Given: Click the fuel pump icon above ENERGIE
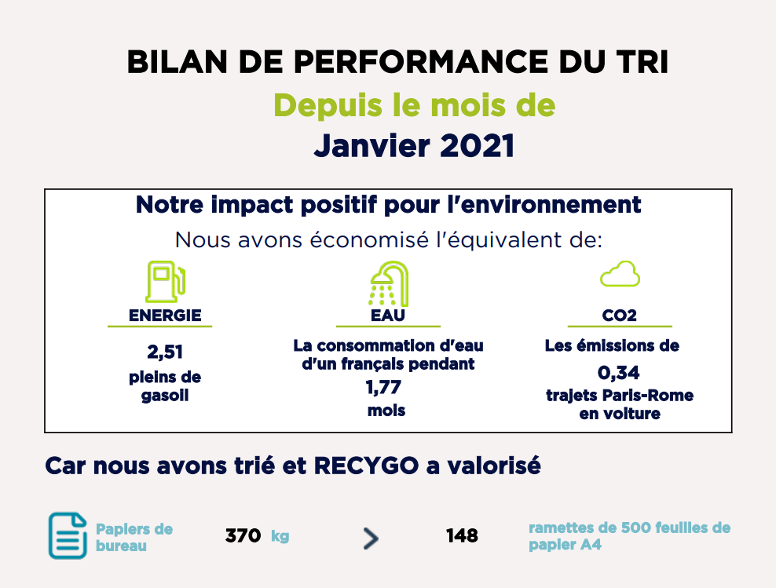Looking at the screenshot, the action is tap(165, 281).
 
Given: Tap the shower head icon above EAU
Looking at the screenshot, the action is tap(389, 283).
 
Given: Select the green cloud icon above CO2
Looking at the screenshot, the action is tap(620, 274).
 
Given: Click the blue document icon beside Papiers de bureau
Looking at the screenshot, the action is tap(68, 535).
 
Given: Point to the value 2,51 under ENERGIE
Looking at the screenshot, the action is tap(165, 352).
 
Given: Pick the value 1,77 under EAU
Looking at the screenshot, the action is tap(383, 387).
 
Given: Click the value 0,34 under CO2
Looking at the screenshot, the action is tap(619, 372).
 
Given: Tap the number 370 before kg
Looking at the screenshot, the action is tap(243, 535).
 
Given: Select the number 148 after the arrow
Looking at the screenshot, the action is tap(462, 535).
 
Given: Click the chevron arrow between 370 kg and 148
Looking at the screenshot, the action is tap(371, 539).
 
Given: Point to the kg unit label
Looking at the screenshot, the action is tap(280, 536).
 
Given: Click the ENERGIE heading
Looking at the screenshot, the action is tap(165, 316).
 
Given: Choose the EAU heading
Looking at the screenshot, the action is tap(388, 316).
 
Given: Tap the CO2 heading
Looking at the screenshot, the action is tap(620, 316).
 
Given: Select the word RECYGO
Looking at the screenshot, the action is tap(367, 466).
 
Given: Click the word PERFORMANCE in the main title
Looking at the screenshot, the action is tap(421, 62).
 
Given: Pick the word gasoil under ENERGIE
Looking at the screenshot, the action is tap(165, 396).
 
